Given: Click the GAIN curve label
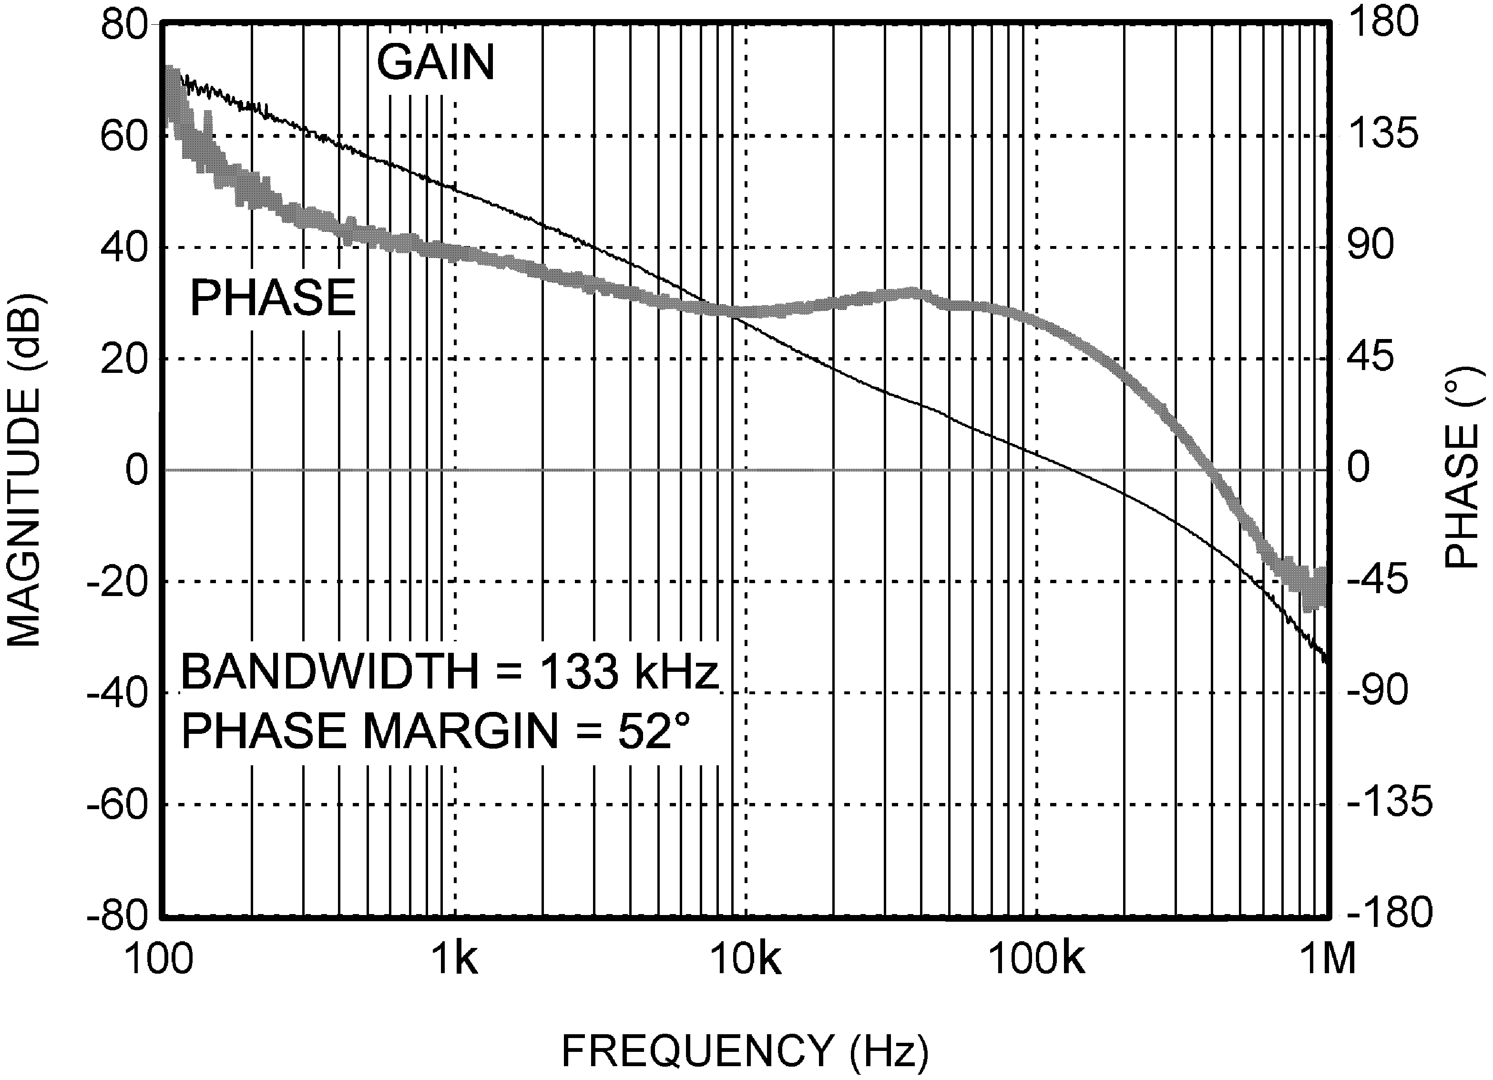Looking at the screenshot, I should point(435,63).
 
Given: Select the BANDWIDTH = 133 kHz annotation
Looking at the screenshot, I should point(450,672).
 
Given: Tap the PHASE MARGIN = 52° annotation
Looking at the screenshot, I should point(436,731).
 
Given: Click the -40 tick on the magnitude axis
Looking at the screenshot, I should point(119,693).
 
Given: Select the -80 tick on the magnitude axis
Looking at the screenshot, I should point(119,915).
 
